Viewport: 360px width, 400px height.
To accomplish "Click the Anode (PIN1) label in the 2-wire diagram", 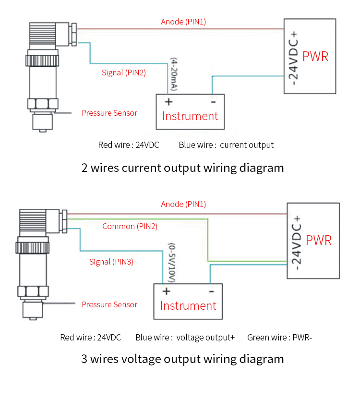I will pos(183,22).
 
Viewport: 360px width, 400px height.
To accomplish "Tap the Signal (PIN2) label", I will pos(124,73).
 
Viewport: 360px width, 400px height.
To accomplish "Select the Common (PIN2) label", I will pos(130,226).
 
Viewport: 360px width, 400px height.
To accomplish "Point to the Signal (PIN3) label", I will pos(111,262).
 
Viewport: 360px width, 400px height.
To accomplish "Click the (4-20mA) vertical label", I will pos(174,75).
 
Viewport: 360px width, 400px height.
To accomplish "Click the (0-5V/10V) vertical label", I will pos(171,262).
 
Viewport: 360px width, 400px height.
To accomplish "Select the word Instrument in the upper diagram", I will pos(190,116).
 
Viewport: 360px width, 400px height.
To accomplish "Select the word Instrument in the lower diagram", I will pos(188,306).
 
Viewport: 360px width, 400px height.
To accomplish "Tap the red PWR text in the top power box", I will pos(315,56).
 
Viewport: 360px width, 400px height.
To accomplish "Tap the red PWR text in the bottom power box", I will pos(319,240).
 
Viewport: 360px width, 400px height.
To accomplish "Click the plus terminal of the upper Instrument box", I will pos(168,102).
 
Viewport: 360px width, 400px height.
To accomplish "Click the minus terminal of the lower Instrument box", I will pos(211,291).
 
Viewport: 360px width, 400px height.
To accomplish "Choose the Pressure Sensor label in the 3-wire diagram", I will pos(109,304).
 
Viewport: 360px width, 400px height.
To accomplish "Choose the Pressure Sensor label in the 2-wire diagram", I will pos(109,113).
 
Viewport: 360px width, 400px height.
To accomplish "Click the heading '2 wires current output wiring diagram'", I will pos(182,168).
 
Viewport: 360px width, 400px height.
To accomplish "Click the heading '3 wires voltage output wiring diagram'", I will pos(182,359).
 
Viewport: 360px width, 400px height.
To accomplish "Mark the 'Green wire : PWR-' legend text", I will pos(279,338).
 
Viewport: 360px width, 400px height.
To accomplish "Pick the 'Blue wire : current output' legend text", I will pos(226,145).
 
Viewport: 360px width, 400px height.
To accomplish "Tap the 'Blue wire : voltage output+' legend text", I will pos(185,338).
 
